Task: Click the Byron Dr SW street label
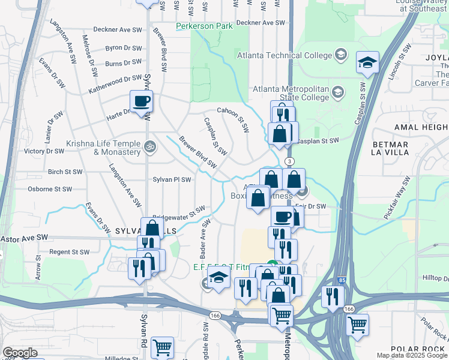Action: pyautogui.click(x=123, y=48)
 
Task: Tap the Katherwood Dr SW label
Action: pyautogui.click(x=115, y=79)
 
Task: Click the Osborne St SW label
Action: pyautogui.click(x=50, y=189)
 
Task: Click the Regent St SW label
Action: pyautogui.click(x=70, y=252)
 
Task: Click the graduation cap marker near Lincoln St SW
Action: pyautogui.click(x=367, y=62)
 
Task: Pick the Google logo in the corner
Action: pyautogui.click(x=20, y=353)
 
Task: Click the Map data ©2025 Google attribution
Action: pyautogui.click(x=412, y=355)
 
